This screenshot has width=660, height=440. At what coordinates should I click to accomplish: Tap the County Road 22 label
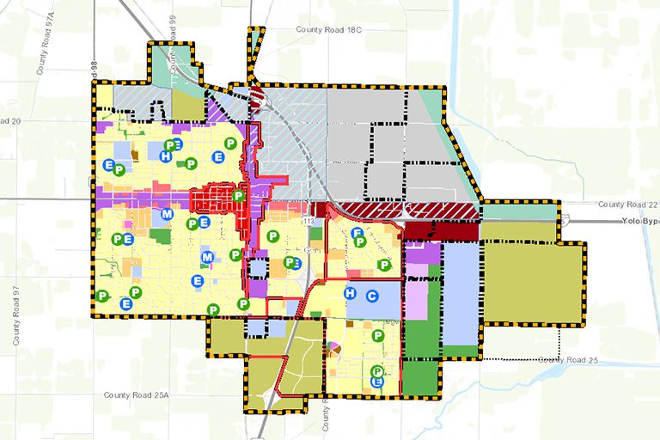click(x=628, y=205)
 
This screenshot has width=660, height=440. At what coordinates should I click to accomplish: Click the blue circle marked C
click(x=372, y=296)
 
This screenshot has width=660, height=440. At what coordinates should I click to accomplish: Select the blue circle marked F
click(x=356, y=233)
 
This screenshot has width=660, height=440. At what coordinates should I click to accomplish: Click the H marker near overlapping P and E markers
click(x=165, y=156)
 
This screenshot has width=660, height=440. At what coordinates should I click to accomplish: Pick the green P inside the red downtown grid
click(x=238, y=196)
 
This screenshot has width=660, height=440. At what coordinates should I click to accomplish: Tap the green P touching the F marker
click(x=361, y=241)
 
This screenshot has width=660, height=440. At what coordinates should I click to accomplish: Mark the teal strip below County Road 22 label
click(x=521, y=211)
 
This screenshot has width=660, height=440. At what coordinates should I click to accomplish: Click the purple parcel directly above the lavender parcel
click(x=420, y=254)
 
